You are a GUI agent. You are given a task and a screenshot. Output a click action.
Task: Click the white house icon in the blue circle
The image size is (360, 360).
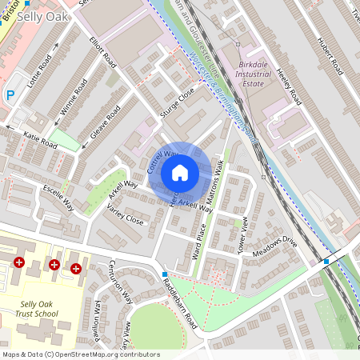[x=180, y=173]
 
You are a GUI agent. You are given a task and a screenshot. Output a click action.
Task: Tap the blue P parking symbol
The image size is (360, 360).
[x=10, y=95]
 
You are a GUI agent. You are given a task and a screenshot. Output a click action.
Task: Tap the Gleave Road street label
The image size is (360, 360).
[x=105, y=121]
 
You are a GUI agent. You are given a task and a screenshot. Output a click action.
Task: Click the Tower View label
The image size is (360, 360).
[x=244, y=235]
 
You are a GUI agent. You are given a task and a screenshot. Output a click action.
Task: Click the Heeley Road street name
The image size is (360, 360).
[x=287, y=85]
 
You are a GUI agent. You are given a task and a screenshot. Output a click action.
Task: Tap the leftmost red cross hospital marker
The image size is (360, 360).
[x=19, y=262]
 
